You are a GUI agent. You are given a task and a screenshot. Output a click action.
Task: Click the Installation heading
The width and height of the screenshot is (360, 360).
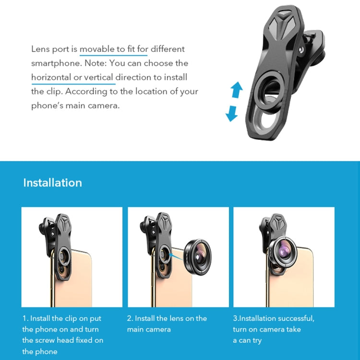[x=52, y=183]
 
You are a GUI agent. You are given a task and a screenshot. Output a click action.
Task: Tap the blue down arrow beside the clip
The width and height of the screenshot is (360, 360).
[x=232, y=113]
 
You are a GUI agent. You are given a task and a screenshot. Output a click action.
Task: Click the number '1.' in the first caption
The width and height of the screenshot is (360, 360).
[x=25, y=318]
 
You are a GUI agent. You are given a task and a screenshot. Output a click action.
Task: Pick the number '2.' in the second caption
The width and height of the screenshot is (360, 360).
[x=130, y=318]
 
